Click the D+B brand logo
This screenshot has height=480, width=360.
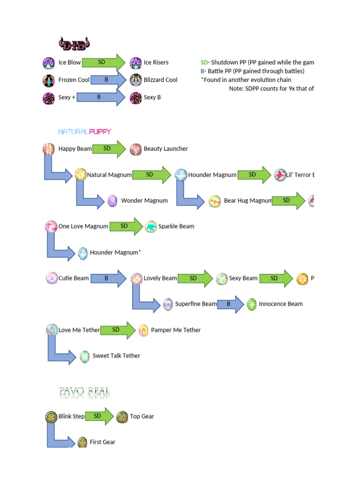click(74, 44)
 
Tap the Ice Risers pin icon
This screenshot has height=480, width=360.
click(135, 62)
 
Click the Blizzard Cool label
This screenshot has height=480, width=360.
click(160, 80)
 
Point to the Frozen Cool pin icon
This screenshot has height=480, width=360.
click(49, 80)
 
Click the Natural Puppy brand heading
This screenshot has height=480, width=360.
click(84, 132)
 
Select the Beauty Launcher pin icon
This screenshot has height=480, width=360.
click(135, 149)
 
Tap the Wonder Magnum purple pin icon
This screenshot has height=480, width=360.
click(112, 201)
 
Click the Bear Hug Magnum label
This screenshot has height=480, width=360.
click(248, 201)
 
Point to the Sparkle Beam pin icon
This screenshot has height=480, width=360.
click(150, 226)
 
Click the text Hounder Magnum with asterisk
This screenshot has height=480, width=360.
click(115, 253)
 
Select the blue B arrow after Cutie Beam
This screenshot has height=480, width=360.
click(108, 278)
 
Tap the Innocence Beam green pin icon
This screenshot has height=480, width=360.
click(252, 304)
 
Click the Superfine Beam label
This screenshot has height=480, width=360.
click(196, 304)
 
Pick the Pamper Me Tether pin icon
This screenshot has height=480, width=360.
click(143, 330)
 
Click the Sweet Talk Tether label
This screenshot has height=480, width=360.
click(116, 356)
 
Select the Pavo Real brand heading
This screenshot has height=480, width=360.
click(85, 392)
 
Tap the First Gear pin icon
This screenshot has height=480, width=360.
click(82, 442)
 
